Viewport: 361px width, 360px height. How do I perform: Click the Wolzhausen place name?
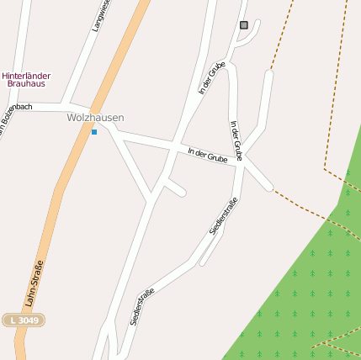click(95, 118)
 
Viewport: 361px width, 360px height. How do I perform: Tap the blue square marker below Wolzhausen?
click(94, 132)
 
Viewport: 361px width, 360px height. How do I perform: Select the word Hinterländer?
click(26, 76)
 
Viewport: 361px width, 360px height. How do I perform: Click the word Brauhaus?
click(26, 84)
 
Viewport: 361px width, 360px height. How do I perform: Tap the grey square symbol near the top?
click(244, 25)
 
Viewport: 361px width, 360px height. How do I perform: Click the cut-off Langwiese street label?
click(101, 15)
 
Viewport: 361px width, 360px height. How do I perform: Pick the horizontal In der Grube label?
click(208, 155)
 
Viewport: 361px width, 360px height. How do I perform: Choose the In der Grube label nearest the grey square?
click(212, 78)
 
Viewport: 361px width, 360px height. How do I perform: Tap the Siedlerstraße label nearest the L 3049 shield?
click(142, 309)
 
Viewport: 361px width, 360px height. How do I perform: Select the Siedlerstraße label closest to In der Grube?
click(223, 215)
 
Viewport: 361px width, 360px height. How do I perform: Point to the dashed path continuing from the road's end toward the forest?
click(303, 206)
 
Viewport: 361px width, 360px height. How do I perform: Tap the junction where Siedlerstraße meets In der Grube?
click(242, 163)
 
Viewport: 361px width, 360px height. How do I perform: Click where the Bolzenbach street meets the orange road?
click(78, 109)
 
